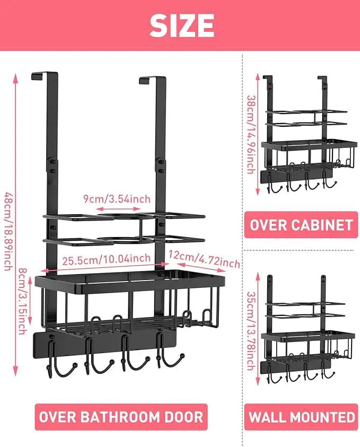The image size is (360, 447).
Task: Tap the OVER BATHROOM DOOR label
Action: (x=121, y=417)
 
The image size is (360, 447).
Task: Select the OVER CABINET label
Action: (x=301, y=225)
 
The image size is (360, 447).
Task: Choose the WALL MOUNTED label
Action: (x=301, y=417)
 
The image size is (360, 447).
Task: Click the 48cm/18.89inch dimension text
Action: (x=8, y=232)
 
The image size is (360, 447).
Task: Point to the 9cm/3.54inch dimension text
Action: (x=117, y=199)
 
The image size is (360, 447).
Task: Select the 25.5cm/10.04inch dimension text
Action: (x=107, y=260)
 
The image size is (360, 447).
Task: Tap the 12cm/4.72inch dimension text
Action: (x=204, y=259)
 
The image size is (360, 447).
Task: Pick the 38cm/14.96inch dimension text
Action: (x=251, y=135)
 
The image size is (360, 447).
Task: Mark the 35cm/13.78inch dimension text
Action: (x=251, y=331)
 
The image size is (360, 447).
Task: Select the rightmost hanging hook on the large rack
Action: (x=168, y=354)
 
